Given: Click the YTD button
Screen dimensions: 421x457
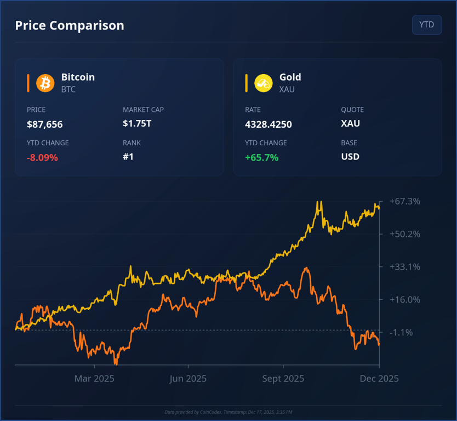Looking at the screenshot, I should coord(426,25).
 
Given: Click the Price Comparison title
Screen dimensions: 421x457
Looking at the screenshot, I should coord(70,25).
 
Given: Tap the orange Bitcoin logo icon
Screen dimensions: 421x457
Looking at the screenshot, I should coord(45,83).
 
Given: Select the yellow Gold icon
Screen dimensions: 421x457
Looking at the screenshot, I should coord(264,83).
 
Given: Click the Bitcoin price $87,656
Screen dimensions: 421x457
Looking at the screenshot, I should coord(45,124).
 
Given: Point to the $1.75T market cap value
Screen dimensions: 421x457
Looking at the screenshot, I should coord(137,123).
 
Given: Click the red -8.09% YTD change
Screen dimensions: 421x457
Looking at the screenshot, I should coord(42,158).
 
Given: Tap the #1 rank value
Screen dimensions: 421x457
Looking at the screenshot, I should coord(128,157).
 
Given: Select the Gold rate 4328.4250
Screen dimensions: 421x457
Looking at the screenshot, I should coord(269,124).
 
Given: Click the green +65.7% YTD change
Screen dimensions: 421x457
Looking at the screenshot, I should coord(261,158).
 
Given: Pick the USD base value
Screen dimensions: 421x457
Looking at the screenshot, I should coord(350,157).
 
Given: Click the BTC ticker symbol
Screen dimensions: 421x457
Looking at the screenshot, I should coord(68,89).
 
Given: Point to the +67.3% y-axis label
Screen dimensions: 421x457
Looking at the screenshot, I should coord(405,201).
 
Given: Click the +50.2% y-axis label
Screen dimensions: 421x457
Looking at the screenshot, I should coord(405,234).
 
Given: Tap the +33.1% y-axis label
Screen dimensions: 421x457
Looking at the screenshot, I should coord(405,267).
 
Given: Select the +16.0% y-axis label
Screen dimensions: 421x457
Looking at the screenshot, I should coord(405,300).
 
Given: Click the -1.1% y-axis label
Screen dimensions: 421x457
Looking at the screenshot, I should coord(402,333).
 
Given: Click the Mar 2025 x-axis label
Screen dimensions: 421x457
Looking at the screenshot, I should coord(94,379).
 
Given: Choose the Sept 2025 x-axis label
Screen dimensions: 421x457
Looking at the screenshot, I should coord(283,379).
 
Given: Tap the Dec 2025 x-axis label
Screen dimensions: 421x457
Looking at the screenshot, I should coord(379,379).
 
